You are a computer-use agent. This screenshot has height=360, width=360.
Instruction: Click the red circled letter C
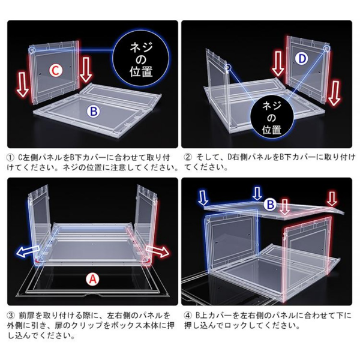pyautogui.click(x=55, y=71)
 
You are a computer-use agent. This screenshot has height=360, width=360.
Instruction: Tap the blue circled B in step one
pyautogui.click(x=94, y=111)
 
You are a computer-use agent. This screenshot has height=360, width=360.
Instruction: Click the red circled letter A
pyautogui.click(x=92, y=278)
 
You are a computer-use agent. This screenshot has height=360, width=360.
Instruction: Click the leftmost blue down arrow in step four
pyautogui.click(x=203, y=197)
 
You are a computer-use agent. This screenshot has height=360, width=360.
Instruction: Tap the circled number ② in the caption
pyautogui.click(x=188, y=157)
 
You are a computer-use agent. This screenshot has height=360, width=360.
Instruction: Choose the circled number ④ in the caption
pyautogui.click(x=188, y=315)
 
